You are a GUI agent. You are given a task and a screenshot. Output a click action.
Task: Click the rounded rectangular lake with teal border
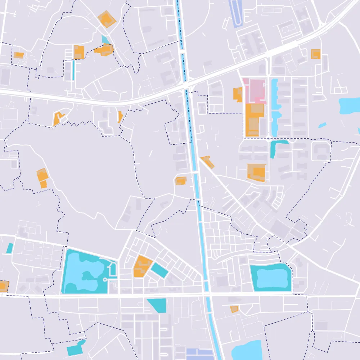coord(270,277)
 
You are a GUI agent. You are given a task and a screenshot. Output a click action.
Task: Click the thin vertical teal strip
coord(73,70)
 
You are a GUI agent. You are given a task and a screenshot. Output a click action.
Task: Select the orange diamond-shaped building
coord(107,19)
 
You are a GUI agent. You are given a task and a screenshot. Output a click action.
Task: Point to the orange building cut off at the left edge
coord(4,286)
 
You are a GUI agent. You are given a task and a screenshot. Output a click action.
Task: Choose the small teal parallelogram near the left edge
coord(10,248)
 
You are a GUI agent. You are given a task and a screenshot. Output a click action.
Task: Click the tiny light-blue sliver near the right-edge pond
coord(322,125)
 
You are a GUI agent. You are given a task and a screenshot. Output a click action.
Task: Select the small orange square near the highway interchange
coord(315,54)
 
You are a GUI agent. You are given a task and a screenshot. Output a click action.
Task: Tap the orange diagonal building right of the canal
coord(207,162)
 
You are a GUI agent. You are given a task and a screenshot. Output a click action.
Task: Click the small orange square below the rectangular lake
coord(234,309)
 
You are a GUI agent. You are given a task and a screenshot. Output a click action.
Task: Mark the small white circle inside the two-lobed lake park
coord(104,279)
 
